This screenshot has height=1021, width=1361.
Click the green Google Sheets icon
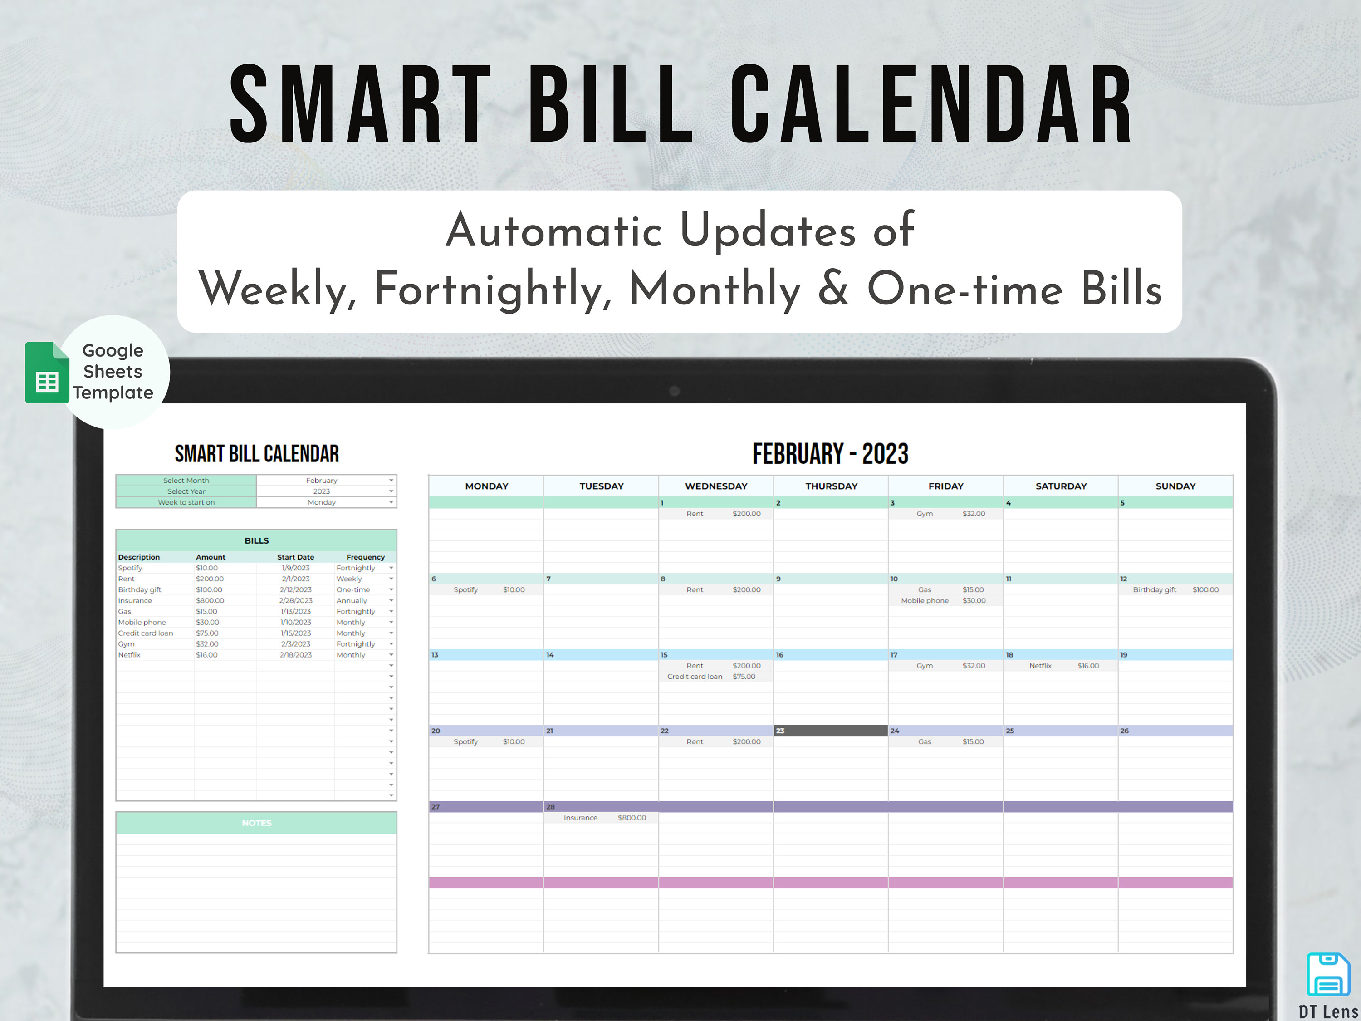tap(47, 373)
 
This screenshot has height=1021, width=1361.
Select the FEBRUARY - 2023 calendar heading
tap(830, 454)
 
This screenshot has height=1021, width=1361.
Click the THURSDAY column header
tap(831, 486)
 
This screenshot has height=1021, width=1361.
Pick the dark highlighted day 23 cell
tap(830, 731)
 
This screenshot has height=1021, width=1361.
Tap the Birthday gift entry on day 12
tap(1154, 589)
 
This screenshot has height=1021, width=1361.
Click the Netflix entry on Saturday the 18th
tap(1040, 666)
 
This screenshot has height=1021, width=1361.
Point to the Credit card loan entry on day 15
tap(695, 677)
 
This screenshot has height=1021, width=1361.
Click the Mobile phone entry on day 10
tap(925, 601)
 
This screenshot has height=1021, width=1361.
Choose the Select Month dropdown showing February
tap(326, 481)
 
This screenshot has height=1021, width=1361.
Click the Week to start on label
tap(186, 503)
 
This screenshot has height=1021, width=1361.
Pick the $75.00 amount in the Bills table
tap(207, 633)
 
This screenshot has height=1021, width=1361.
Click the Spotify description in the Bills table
tap(131, 568)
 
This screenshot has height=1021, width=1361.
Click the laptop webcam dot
tap(674, 391)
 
